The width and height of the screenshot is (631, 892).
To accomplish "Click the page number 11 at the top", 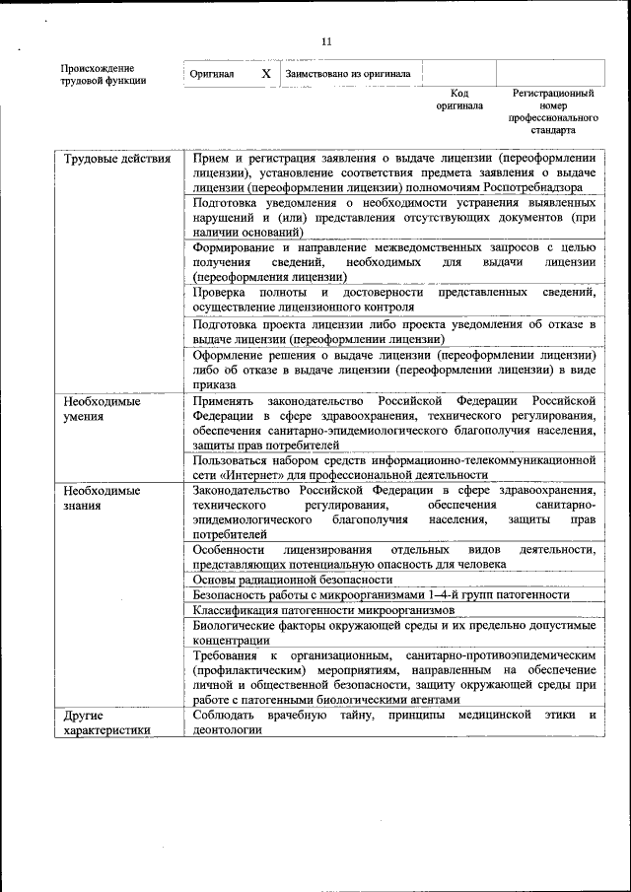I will [x=326, y=40].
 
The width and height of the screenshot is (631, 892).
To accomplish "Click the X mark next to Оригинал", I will [x=265, y=74].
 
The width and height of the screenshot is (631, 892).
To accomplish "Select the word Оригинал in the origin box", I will [x=212, y=75].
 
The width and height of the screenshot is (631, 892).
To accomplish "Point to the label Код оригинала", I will [x=459, y=100].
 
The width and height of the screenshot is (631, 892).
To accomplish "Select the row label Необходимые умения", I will [x=102, y=409].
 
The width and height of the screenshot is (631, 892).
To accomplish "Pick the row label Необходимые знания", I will [x=102, y=497].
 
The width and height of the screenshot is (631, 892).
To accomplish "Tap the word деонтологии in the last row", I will [x=228, y=730].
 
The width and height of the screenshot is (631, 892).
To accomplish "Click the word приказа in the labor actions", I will [x=214, y=384].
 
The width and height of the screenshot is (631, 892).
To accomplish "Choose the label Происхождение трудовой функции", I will [x=104, y=75].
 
